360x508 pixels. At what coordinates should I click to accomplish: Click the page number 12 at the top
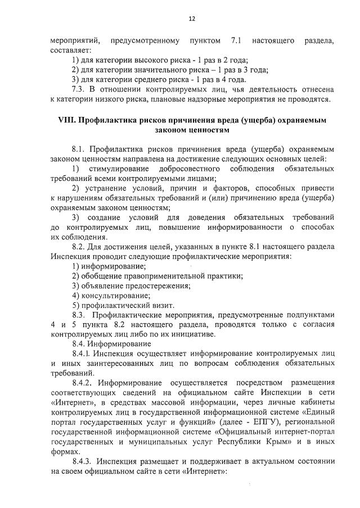[x=192, y=19]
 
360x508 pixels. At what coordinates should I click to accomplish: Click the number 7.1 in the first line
[x=236, y=41]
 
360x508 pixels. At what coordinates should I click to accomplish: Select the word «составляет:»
[x=70, y=51]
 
